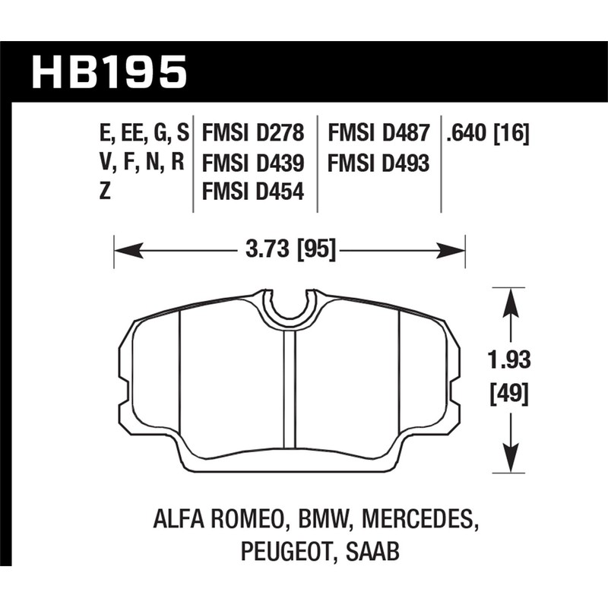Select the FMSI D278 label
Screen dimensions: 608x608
coord(252,135)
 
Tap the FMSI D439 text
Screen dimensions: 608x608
coord(252,163)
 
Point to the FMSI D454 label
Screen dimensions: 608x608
coord(252,192)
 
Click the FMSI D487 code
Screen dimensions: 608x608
coord(378,135)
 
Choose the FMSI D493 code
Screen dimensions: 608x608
coord(378,163)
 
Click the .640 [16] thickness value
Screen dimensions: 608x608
coord(488,135)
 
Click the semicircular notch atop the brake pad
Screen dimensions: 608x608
coord(290,306)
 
